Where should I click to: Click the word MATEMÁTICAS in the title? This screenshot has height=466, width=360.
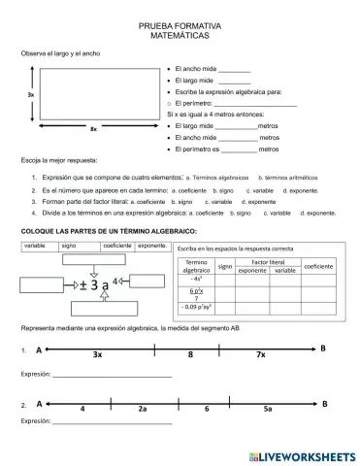180,34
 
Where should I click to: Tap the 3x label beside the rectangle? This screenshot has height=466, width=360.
31,95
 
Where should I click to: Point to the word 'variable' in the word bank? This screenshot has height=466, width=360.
36,247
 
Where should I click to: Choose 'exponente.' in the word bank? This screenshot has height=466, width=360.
152,247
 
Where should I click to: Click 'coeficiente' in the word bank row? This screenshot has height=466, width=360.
117,247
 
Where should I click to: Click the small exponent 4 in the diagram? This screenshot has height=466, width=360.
116,281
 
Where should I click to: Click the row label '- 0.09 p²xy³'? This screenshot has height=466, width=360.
198,307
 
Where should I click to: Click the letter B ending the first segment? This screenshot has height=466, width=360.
323,348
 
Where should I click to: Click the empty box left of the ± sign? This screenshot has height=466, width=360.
45,283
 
